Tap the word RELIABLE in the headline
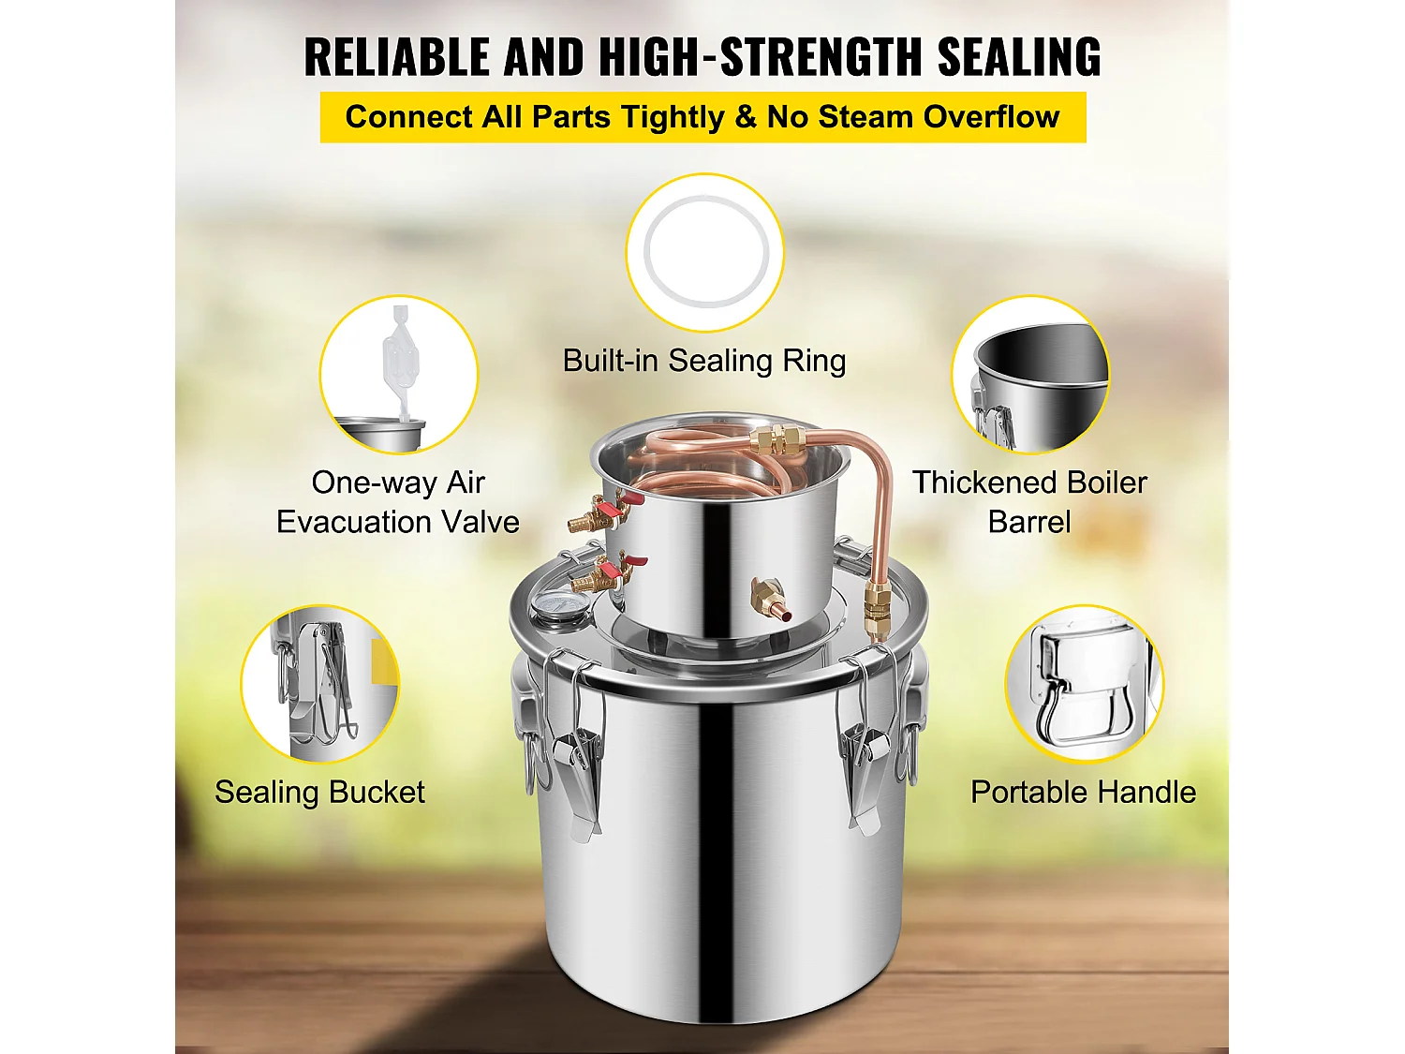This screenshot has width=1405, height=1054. [398, 56]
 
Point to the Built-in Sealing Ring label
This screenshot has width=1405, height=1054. [704, 361]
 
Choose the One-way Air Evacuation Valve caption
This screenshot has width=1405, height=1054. [398, 502]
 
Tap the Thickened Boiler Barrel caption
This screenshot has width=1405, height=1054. [1029, 502]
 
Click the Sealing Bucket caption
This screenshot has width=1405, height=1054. [319, 793]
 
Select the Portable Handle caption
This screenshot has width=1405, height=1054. [1083, 793]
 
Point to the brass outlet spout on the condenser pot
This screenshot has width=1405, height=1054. [765, 598]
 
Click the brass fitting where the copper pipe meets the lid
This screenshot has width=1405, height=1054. [878, 609]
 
